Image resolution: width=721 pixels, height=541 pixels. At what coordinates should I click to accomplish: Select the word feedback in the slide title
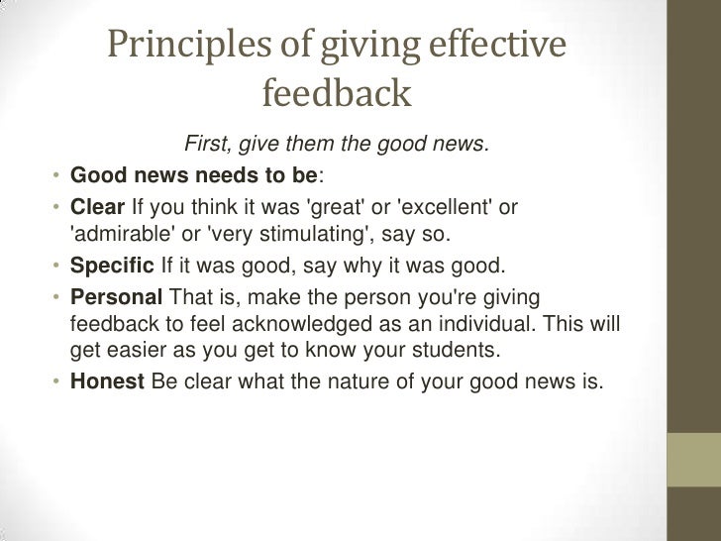[x=336, y=93]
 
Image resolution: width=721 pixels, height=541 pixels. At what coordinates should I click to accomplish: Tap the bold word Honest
[x=107, y=379]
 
